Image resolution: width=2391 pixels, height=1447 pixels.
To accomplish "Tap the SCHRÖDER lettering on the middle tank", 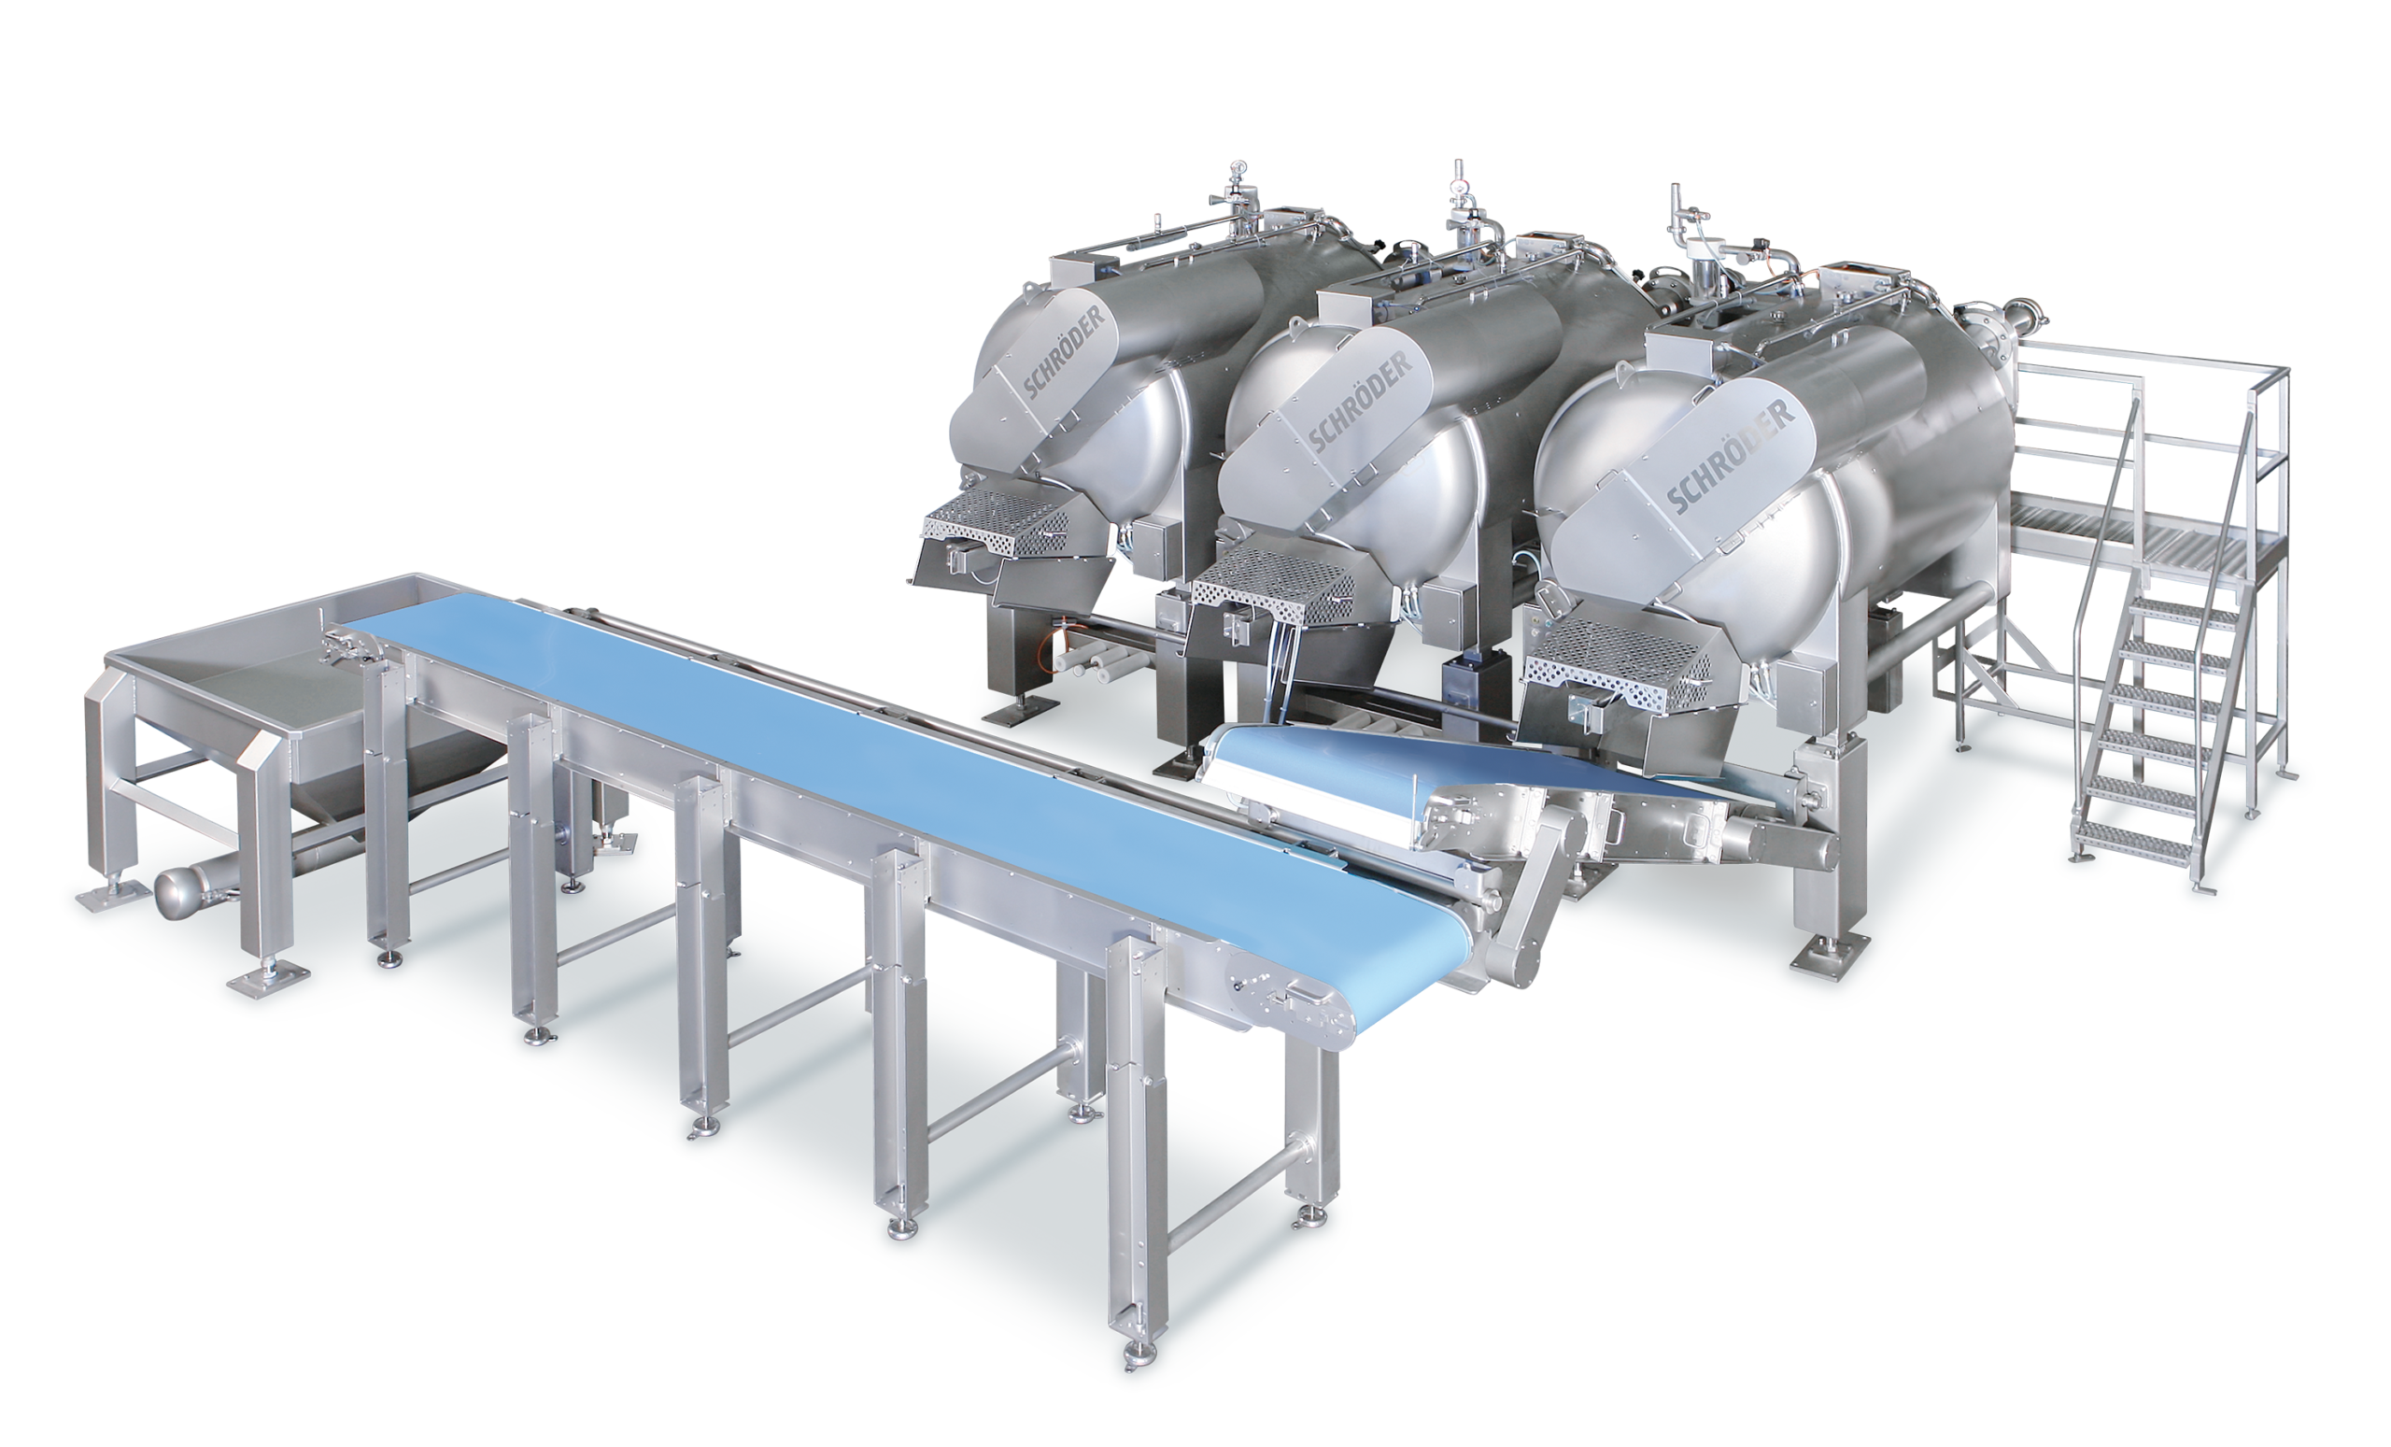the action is coord(1360,401).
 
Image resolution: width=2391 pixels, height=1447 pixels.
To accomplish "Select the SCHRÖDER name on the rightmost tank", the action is coord(1732,454).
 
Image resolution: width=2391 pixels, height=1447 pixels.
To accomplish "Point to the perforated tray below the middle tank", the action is coord(1273,584).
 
